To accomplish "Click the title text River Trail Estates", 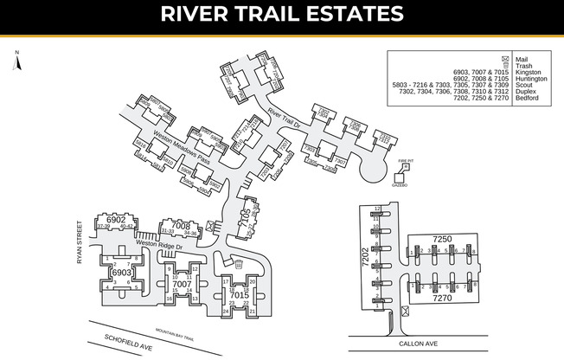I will tap(281, 15).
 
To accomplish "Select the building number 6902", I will tap(117, 220).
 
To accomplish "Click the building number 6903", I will tap(121, 273).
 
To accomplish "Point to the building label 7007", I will tap(182, 283).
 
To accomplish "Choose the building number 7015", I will tap(240, 294).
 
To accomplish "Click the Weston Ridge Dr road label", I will tap(158, 245).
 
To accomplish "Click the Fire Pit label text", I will tap(406, 160).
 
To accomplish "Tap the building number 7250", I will tap(442, 237).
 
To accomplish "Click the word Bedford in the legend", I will tap(527, 99).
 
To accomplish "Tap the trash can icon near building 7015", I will tap(239, 264).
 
